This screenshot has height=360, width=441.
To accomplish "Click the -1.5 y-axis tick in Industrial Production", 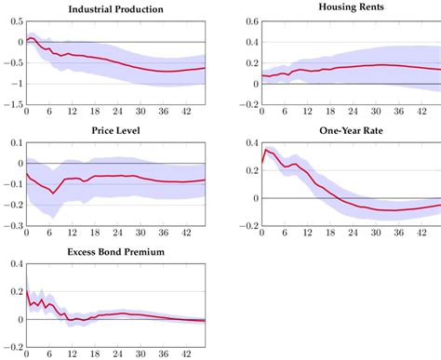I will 10,106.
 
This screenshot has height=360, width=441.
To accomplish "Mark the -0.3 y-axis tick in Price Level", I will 10,226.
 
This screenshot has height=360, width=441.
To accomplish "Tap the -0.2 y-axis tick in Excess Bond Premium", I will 10,347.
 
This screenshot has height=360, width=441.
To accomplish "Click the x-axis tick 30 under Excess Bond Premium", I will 142,354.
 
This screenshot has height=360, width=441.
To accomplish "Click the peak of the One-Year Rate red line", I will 266,149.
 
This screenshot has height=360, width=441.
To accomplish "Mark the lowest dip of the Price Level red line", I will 53,193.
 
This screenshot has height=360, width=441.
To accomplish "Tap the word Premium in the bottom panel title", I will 148,252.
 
